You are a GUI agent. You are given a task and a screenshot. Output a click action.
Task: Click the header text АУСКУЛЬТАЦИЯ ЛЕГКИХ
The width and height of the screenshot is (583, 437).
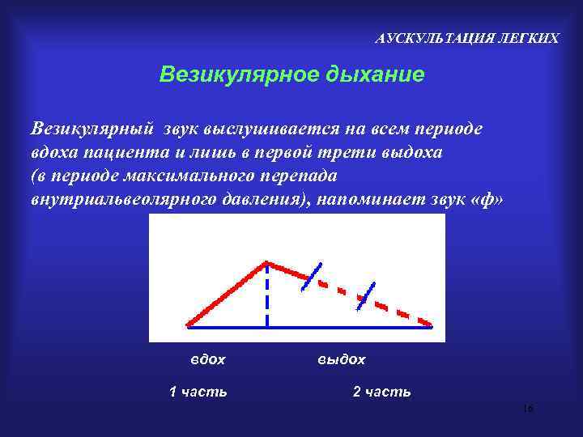(467, 39)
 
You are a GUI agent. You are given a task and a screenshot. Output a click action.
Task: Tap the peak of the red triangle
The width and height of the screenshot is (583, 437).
(266, 263)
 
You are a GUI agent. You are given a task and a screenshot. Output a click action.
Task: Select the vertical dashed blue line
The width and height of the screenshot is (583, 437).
(266, 299)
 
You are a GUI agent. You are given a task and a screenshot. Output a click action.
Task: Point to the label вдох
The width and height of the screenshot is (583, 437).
(207, 359)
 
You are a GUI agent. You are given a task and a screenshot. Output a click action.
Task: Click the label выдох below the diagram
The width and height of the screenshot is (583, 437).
(341, 359)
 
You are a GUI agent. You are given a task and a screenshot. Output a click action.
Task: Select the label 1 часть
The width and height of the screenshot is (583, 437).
(198, 392)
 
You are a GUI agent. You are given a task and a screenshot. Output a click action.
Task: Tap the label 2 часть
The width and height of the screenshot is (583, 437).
(381, 392)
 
